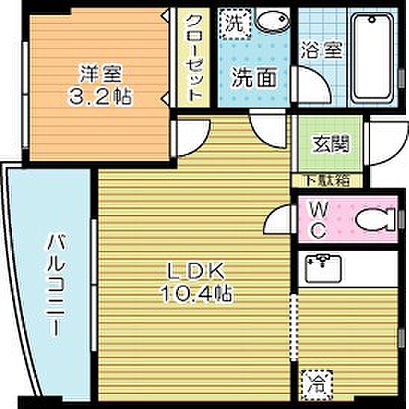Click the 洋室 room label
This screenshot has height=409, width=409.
coord(99,74)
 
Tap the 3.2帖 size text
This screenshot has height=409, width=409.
coord(99,96)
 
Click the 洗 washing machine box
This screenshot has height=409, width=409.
coord(234,22)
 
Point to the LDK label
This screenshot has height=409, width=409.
coord(195,271)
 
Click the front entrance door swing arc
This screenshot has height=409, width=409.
coord(387,139)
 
